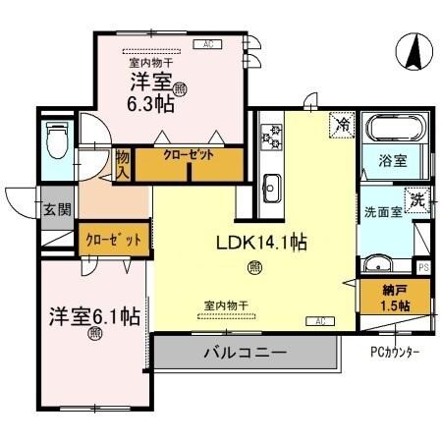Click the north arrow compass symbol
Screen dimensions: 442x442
point(414,51)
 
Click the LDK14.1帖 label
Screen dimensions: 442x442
point(258,242)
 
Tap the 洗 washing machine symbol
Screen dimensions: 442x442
point(418,200)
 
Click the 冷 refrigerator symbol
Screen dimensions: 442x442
point(341,125)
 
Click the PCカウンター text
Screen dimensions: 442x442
point(396,351)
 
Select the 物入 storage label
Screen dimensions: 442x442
point(123,163)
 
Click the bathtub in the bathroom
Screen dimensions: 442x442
point(393,129)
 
